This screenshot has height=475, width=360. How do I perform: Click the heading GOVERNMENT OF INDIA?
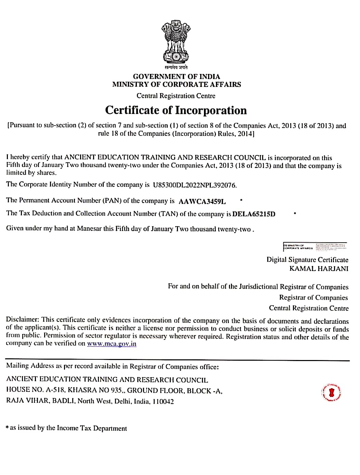coord(177,76)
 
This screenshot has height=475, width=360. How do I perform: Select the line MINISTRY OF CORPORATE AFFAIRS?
coord(177,85)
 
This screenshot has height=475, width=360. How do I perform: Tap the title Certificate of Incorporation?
coord(176,110)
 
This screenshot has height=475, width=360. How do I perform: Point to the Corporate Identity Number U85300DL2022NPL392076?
coord(195,185)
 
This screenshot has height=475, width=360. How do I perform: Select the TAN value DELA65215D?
coord(254,214)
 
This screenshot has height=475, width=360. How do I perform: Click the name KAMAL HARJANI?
coord(319,269)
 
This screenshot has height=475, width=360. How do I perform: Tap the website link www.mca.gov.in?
coord(112,344)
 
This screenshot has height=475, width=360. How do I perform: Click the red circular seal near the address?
coord(331,392)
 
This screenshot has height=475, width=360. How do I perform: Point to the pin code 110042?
coord(163,401)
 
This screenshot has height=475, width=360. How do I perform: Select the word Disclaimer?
coord(23,320)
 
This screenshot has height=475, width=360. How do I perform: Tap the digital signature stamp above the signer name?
coord(315,246)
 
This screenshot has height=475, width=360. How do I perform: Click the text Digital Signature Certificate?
coord(307,260)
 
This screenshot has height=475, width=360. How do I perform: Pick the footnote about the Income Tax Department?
coord(66,428)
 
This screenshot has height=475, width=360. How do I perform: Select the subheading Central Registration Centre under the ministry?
coord(176,96)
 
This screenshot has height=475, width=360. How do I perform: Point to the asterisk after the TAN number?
coord(295,213)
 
